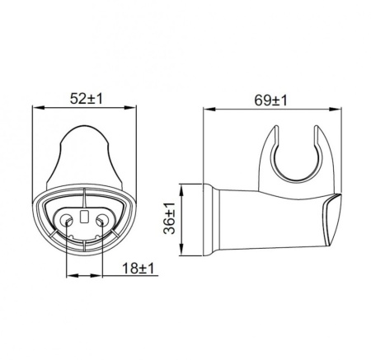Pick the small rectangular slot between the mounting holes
pos(84,217)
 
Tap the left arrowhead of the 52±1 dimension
pos(35,106)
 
